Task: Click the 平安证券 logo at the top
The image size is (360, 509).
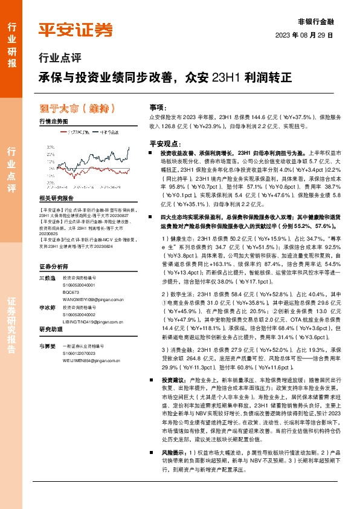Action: tap(76, 29)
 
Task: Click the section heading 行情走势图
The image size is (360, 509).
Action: tap(54, 122)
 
